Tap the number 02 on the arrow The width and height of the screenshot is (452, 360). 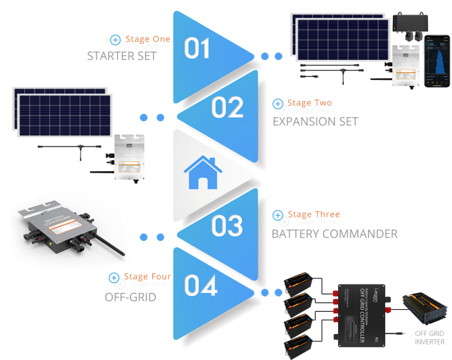pyautogui.click(x=228, y=107)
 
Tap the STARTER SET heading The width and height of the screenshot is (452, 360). pyautogui.click(x=122, y=56)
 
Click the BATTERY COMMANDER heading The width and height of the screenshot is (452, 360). pyautogui.click(x=334, y=233)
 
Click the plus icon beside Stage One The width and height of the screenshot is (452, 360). pyautogui.click(x=116, y=40)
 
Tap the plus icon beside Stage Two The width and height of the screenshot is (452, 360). pyautogui.click(x=278, y=104)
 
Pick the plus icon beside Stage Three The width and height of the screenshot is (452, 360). pyautogui.click(x=278, y=215)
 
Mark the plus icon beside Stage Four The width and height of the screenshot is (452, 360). pyautogui.click(x=114, y=278)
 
